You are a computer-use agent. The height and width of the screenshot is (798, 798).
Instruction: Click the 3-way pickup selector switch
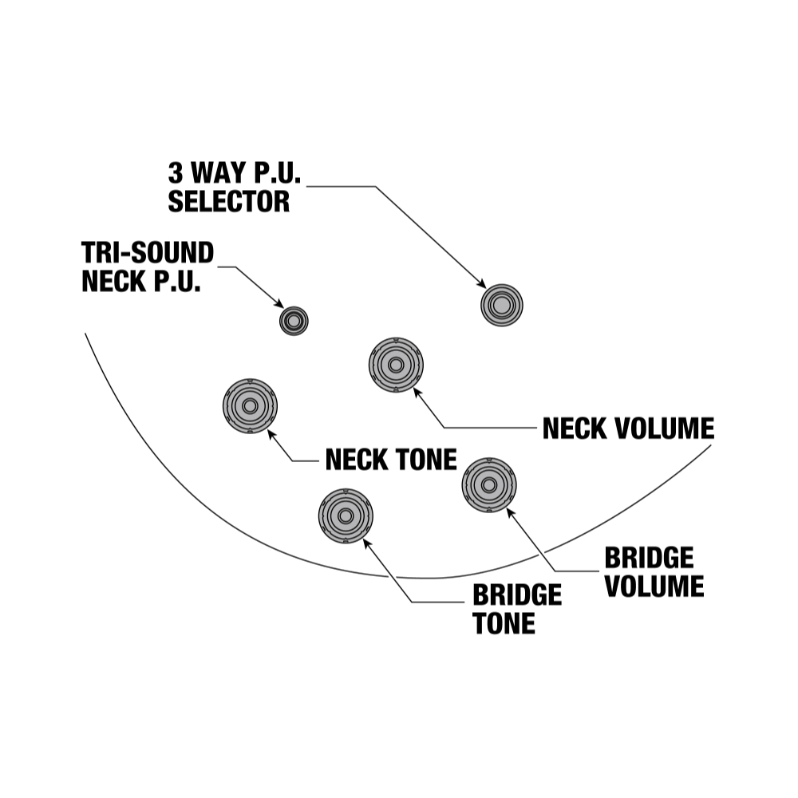point(501,304)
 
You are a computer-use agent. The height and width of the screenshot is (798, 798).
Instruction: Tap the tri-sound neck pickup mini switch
point(294,320)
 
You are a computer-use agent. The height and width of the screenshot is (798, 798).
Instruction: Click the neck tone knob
point(250,405)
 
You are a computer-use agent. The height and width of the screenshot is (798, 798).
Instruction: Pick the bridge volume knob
point(489,484)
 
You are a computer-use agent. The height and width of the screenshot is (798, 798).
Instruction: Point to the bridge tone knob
point(346,516)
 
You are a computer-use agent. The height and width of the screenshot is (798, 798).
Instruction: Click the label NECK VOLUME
point(628,429)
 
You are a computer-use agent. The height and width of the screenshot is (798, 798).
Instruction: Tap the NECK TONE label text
point(391,460)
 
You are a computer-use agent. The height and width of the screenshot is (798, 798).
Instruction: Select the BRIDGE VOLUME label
point(654,572)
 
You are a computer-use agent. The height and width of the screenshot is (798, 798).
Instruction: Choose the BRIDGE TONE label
point(517,610)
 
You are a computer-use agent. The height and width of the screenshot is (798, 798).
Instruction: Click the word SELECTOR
point(228,201)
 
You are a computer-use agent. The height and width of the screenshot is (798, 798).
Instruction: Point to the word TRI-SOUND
point(148,253)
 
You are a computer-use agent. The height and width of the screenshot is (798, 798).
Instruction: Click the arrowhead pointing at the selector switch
point(481,283)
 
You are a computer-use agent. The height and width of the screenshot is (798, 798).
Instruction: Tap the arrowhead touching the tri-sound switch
point(279,303)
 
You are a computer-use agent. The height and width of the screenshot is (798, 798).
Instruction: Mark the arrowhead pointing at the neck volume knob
point(417,393)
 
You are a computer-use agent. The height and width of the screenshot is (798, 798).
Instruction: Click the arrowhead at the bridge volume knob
point(509,512)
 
